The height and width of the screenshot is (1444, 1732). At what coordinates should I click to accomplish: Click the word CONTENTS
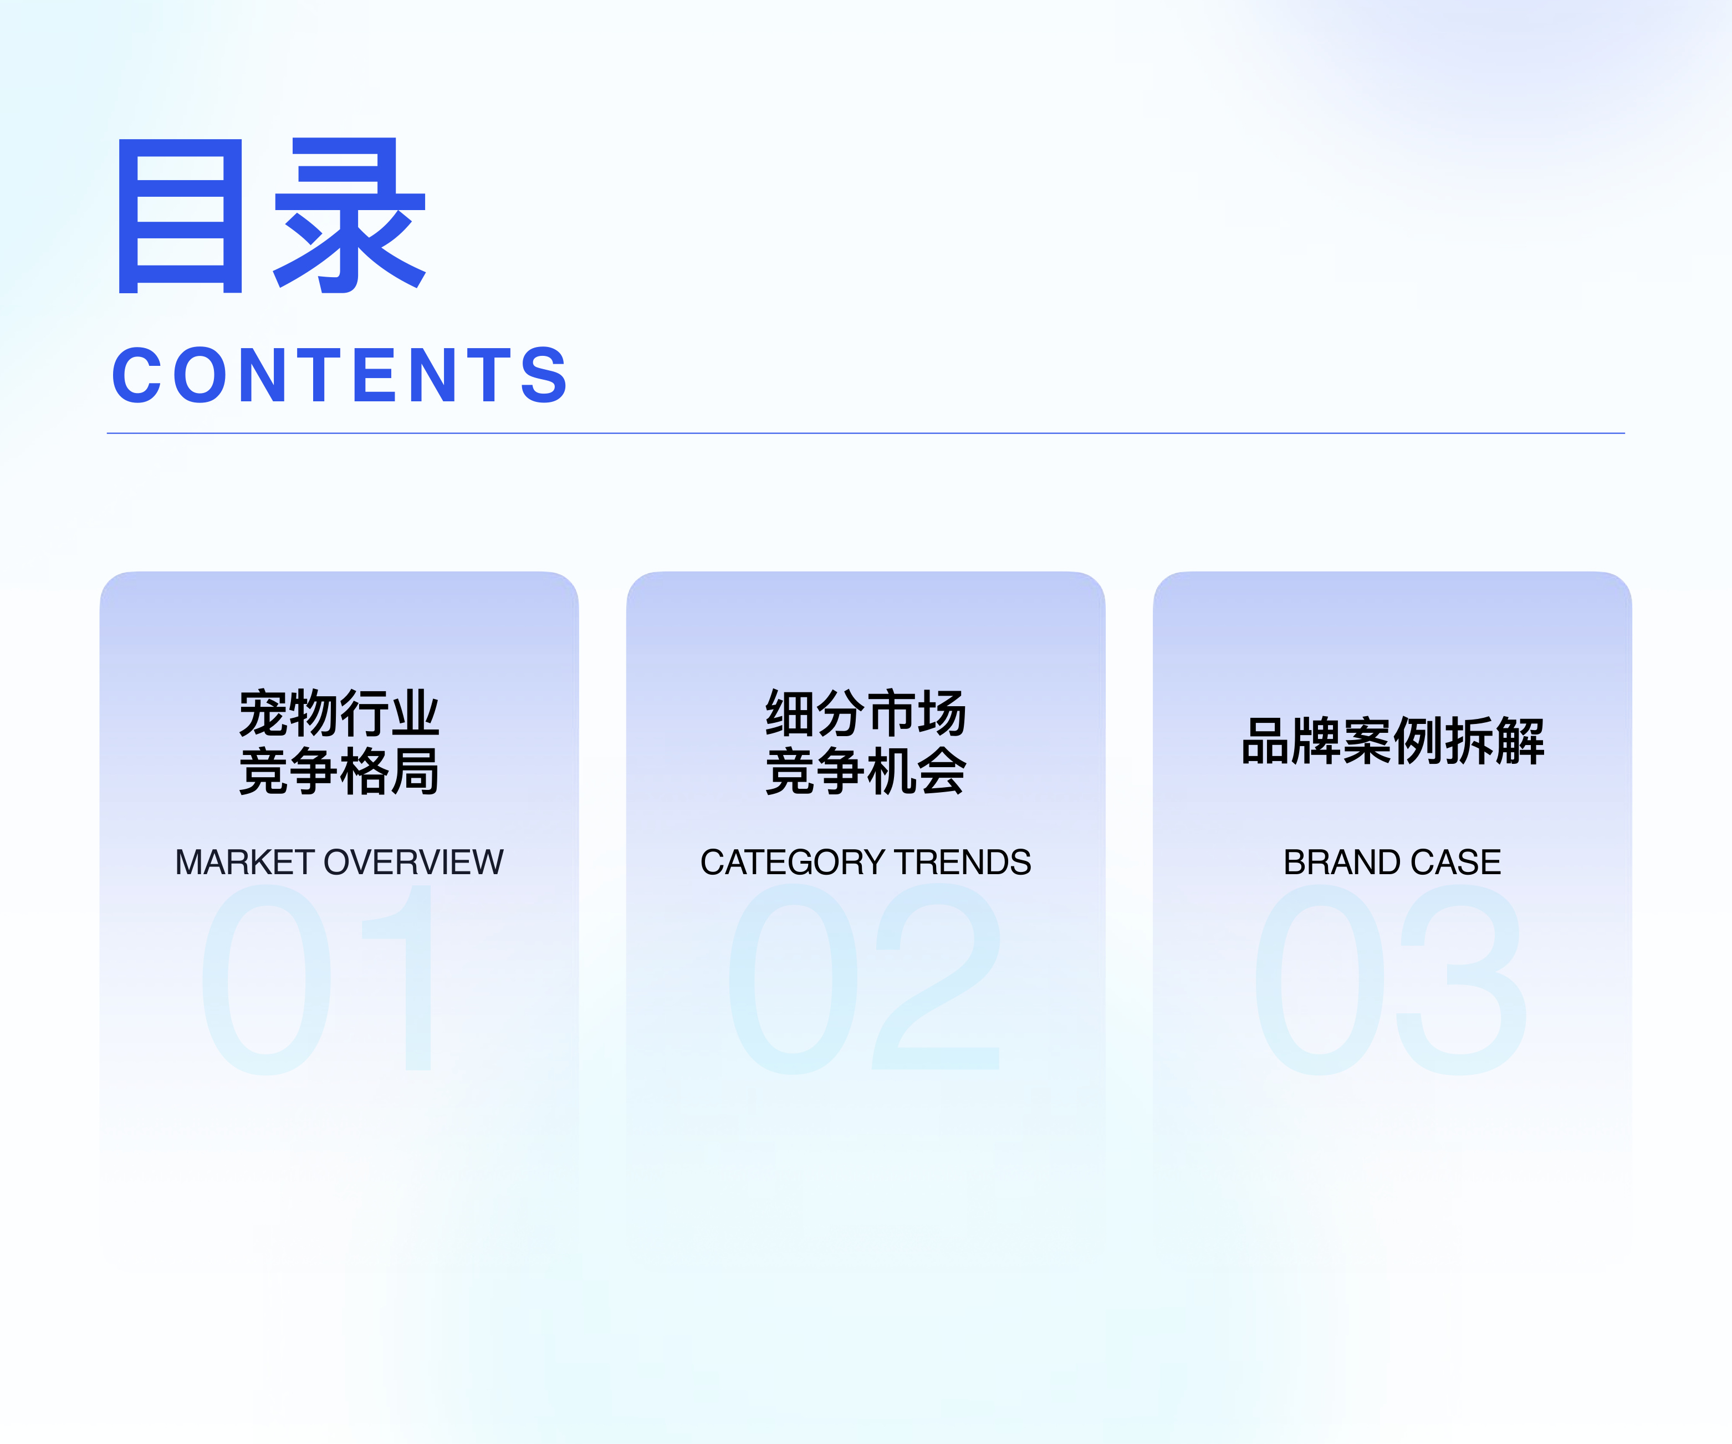[x=340, y=375]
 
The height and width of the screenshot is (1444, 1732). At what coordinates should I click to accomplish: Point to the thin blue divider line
[x=865, y=433]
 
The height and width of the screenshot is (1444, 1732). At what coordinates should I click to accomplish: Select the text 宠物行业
[x=339, y=713]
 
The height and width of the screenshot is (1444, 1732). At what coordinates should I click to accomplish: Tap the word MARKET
[x=245, y=863]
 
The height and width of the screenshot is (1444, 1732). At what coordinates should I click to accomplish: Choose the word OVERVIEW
[x=413, y=863]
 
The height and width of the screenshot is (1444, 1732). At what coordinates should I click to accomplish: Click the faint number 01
[x=318, y=979]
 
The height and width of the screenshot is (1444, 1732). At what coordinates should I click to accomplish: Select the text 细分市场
[x=865, y=713]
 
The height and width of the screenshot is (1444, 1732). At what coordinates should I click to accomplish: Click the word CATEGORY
[x=793, y=863]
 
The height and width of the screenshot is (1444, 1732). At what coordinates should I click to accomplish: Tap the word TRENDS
[x=963, y=863]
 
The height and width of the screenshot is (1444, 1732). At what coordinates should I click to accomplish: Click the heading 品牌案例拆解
[x=1392, y=741]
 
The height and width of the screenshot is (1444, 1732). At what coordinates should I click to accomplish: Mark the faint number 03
[x=1391, y=979]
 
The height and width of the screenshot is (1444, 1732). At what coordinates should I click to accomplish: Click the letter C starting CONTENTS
[x=137, y=375]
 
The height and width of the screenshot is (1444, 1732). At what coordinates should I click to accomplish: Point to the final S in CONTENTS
[x=544, y=375]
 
